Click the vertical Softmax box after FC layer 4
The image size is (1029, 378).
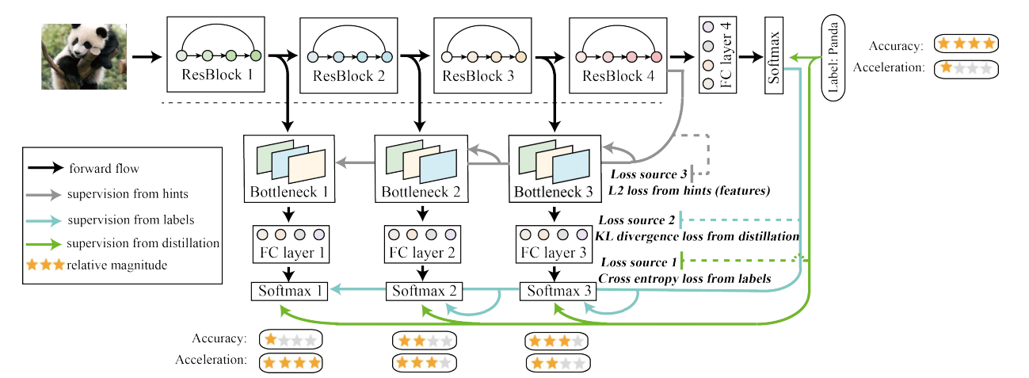(779, 55)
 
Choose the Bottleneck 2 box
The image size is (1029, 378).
(420, 169)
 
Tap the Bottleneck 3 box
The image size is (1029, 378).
(553, 169)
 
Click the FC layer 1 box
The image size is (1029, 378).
(291, 244)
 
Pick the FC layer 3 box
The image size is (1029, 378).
(555, 244)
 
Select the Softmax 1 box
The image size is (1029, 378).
(289, 291)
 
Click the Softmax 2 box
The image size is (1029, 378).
(422, 291)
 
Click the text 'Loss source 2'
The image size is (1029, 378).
(636, 220)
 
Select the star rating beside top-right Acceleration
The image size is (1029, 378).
(966, 69)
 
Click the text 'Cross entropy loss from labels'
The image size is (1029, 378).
(683, 278)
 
